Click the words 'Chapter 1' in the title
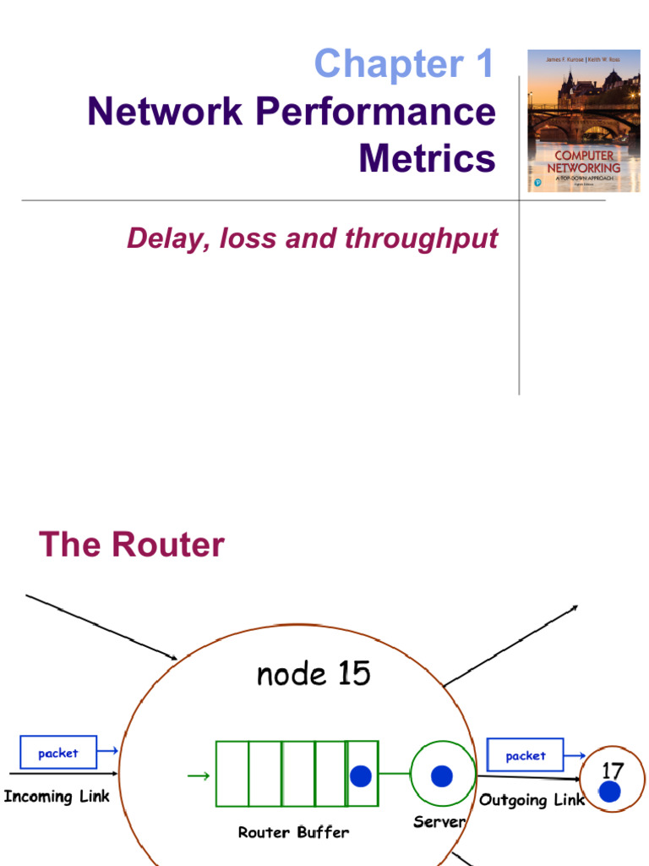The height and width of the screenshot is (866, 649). (x=403, y=64)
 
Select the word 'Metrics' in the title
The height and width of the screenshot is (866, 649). (x=427, y=158)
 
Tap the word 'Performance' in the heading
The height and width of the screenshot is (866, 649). (x=377, y=112)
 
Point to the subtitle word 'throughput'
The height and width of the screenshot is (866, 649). (x=422, y=238)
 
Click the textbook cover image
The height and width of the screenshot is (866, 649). (x=584, y=121)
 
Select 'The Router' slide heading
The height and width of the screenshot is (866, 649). (x=132, y=545)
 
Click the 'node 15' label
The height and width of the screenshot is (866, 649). (x=313, y=674)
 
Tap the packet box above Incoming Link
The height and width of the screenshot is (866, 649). (x=58, y=753)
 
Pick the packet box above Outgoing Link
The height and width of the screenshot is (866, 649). (x=526, y=755)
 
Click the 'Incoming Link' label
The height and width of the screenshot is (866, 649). (x=57, y=796)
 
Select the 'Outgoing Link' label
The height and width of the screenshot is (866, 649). (x=532, y=800)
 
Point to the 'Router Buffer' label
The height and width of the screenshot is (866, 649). (x=293, y=832)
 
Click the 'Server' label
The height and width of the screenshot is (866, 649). (x=439, y=821)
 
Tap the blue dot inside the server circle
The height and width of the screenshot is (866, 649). (x=441, y=776)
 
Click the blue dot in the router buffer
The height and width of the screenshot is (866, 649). (x=361, y=776)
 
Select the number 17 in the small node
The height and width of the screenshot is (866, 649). (x=612, y=770)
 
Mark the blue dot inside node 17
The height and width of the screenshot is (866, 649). (x=610, y=792)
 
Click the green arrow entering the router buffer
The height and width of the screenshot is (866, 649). (x=199, y=775)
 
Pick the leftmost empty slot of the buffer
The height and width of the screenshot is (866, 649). (x=232, y=774)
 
